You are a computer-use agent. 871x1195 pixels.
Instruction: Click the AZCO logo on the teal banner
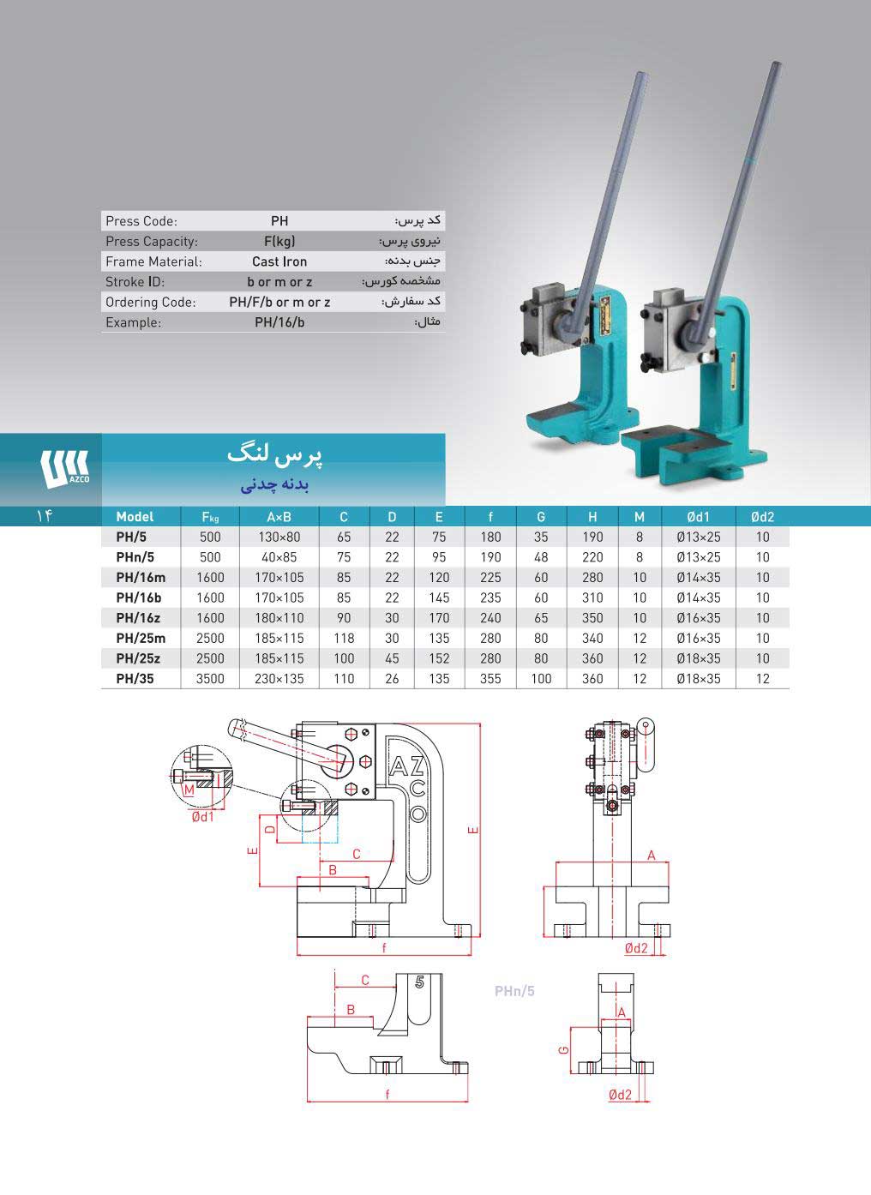tap(64, 469)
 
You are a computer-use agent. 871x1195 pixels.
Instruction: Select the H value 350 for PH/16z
tap(592, 618)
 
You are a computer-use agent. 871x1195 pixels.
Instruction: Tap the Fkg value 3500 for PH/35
tap(210, 679)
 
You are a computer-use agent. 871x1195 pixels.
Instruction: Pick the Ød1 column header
tap(698, 516)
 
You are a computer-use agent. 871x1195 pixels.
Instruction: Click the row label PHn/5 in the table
tap(135, 557)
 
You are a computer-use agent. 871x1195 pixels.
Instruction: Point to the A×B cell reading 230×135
tap(279, 679)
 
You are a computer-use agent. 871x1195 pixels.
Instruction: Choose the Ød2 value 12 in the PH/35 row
tap(763, 679)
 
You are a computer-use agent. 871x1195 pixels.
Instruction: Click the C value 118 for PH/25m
tap(344, 638)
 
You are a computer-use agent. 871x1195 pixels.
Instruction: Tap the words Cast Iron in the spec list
tap(279, 261)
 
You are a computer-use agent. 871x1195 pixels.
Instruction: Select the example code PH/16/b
tap(279, 322)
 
